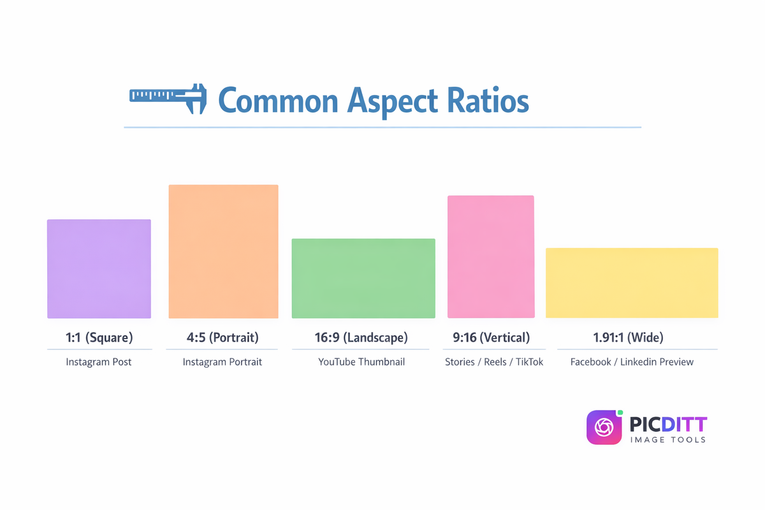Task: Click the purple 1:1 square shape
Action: click(99, 268)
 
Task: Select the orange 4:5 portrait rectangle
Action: click(223, 251)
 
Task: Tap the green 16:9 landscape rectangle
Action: click(363, 278)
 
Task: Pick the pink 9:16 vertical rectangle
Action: click(491, 256)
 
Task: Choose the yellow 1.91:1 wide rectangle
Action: click(632, 282)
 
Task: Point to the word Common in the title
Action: click(278, 101)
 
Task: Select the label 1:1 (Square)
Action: click(99, 337)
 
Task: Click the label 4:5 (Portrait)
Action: click(222, 337)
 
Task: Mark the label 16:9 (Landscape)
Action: click(361, 337)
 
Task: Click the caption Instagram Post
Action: click(99, 362)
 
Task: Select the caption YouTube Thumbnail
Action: click(361, 362)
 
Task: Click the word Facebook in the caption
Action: click(591, 362)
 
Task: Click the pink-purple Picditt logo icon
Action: click(603, 427)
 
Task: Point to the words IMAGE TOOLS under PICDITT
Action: click(667, 440)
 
